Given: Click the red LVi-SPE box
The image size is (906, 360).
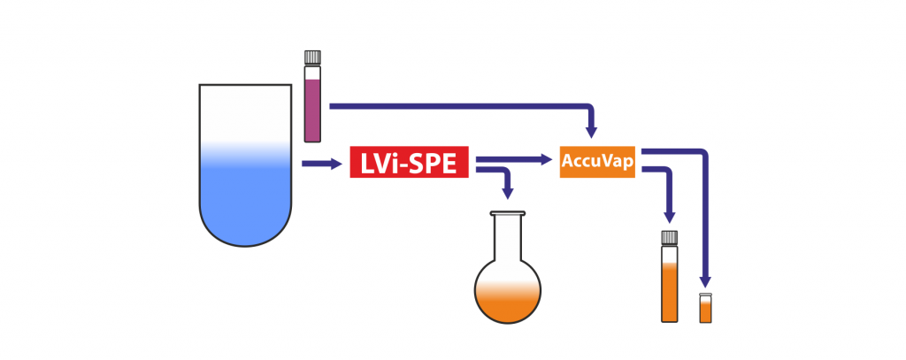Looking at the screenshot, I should point(408,164).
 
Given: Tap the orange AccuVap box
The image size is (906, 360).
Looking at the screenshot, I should point(597,162).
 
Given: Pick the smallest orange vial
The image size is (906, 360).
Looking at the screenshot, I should point(705,308).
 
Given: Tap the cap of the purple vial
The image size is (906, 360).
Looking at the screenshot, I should point(311,57).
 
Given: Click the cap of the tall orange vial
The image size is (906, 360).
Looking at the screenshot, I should point(670,237).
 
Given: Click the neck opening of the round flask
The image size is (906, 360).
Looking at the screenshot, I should point(508,213).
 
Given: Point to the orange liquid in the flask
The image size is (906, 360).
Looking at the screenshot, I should point(508,301).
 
